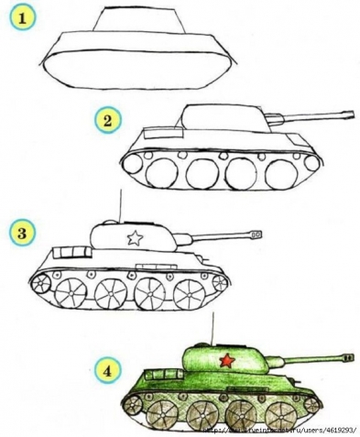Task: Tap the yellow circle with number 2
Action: pyautogui.click(x=108, y=120)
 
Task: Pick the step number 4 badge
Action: pyautogui.click(x=108, y=371)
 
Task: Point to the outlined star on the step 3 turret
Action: pyautogui.click(x=134, y=239)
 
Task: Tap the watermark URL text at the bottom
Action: pyautogui.click(x=279, y=428)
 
